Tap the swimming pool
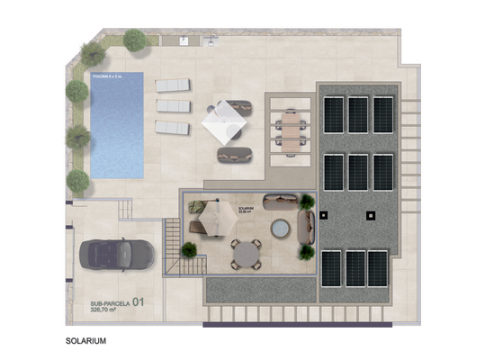116,124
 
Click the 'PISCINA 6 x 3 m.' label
108,78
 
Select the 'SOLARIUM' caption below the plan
86,342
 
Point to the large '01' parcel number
139,303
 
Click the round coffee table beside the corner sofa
280,229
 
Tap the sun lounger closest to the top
174,85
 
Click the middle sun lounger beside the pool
173,106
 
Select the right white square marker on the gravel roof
370,215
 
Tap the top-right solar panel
383,114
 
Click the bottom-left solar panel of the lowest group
331,267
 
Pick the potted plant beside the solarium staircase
190,250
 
